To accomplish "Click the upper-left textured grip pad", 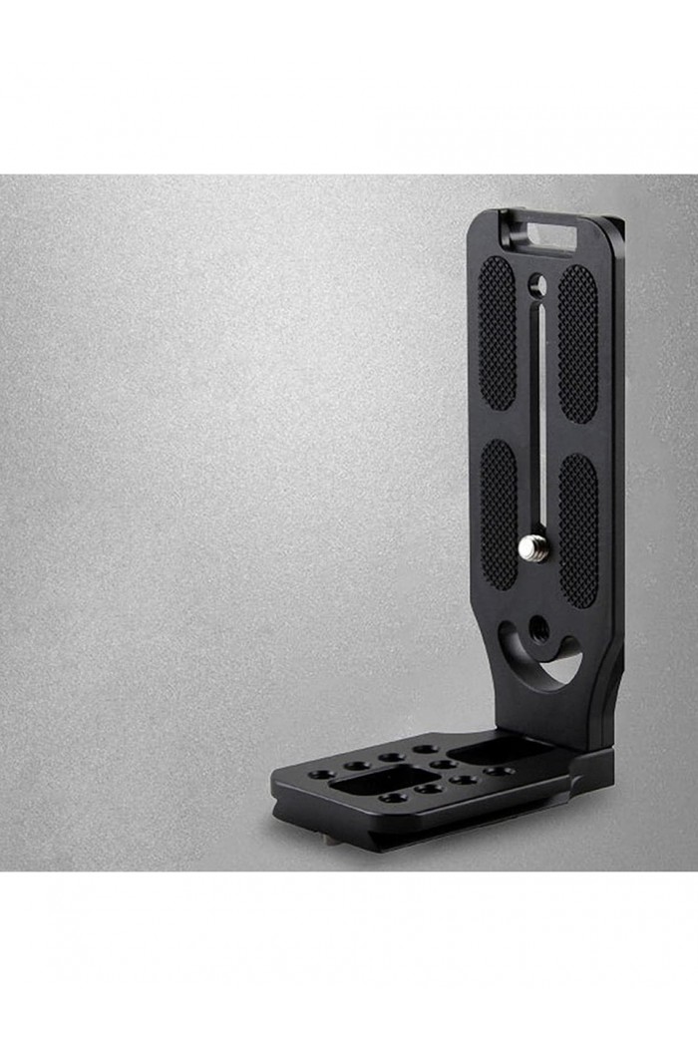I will pos(497,333).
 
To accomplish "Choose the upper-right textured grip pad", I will pos(577,341).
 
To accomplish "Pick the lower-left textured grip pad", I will pos(500,514).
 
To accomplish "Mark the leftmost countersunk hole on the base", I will pos(322,774).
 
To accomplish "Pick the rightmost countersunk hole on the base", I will pos(499,771).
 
